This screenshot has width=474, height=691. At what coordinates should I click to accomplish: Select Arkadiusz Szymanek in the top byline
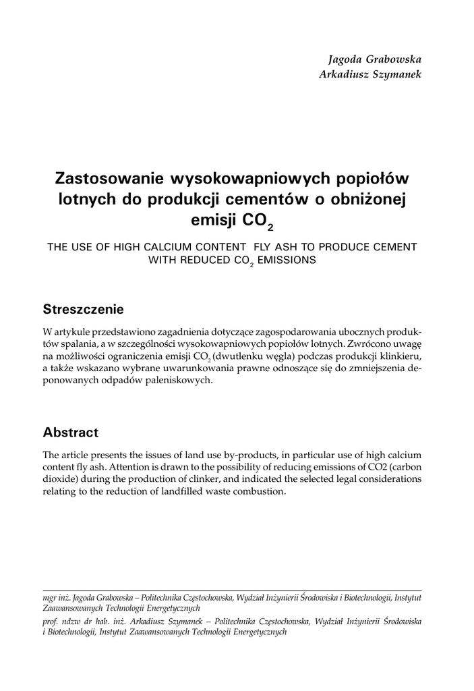click(370, 74)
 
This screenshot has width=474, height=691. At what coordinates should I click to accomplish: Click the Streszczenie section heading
click(83, 310)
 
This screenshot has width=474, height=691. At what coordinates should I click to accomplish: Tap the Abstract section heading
click(71, 432)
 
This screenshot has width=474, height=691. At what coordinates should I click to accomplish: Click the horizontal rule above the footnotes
click(232, 589)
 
